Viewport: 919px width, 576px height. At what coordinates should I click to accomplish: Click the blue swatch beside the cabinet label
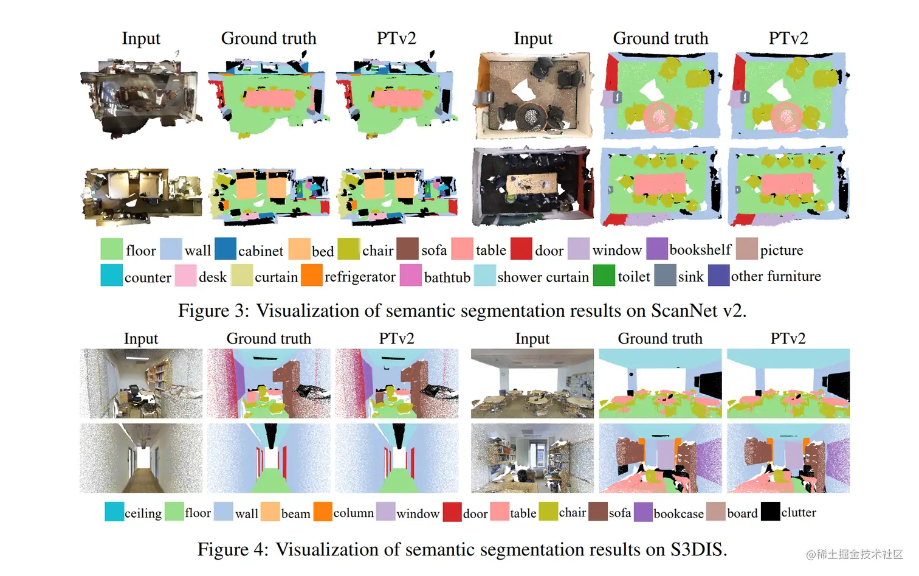tap(225, 249)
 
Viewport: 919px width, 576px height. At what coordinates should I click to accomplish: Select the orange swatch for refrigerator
tap(312, 275)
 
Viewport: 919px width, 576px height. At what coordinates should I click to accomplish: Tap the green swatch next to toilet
tap(604, 275)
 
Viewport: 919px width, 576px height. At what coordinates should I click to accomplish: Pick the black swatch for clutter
tap(770, 512)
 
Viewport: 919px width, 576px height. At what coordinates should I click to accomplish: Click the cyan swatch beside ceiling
tap(114, 512)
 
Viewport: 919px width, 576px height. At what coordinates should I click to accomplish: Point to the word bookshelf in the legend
tap(700, 250)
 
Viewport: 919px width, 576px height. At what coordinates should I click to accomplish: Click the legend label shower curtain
tap(543, 277)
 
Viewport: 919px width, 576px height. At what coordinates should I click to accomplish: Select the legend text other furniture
tap(776, 277)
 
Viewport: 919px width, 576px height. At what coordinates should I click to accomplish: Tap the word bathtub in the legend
tap(447, 277)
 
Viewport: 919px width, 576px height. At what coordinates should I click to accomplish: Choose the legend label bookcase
tap(678, 513)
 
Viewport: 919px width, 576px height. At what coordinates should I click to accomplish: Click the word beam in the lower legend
tap(295, 513)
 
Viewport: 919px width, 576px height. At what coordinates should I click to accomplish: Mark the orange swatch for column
tap(323, 512)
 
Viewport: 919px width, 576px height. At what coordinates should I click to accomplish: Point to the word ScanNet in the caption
tap(684, 311)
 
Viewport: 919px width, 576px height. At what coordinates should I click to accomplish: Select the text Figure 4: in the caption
tap(233, 550)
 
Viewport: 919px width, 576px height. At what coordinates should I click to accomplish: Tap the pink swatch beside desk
tap(185, 275)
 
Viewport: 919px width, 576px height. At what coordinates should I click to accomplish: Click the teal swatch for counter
tap(112, 275)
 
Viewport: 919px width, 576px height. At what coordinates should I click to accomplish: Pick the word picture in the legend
tap(781, 251)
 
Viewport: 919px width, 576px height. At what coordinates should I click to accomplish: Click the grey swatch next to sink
tap(665, 275)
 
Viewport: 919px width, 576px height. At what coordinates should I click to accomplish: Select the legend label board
tap(742, 513)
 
